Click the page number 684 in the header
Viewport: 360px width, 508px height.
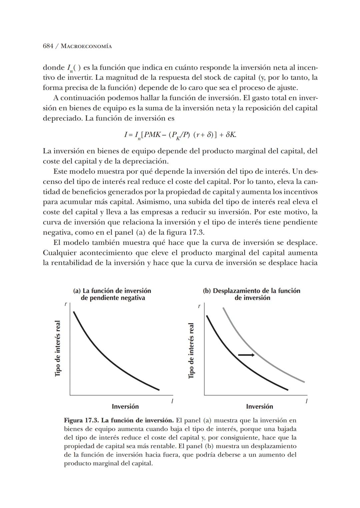(48, 46)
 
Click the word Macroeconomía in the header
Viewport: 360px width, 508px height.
(86, 46)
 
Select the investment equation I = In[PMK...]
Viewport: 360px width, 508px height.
(180, 135)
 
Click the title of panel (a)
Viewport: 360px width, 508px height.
(112, 294)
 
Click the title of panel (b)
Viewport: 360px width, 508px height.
(252, 294)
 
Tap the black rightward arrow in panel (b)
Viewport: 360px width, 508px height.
(246, 355)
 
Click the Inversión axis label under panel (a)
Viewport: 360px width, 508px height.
(125, 406)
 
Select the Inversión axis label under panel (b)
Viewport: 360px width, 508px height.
(259, 406)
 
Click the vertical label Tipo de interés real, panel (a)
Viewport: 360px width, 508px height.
(58, 348)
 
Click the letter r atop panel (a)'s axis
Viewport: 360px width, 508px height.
(65, 304)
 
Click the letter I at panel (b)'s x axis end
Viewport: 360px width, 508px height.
(306, 401)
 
